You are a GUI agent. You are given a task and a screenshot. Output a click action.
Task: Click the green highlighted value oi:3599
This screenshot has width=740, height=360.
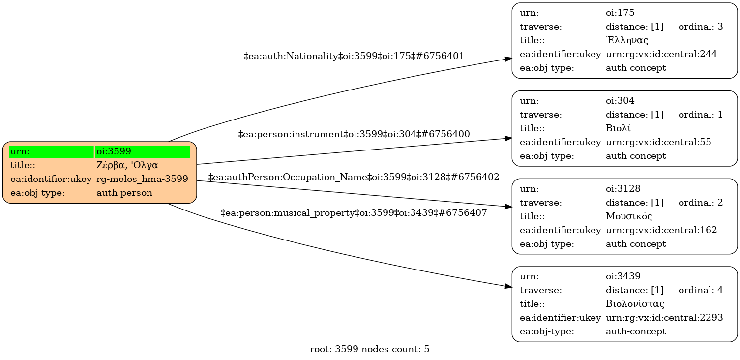(142, 151)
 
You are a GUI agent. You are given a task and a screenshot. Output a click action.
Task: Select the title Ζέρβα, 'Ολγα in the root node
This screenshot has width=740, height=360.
(127, 165)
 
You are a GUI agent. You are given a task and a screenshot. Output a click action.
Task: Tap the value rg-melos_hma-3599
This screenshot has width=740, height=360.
(142, 179)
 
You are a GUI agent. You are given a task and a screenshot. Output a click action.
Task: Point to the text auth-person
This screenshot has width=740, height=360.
(124, 193)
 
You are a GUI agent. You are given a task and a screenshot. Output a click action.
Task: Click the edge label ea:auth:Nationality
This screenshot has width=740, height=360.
(354, 56)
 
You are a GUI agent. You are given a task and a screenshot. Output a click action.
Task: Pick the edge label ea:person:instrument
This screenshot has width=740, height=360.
(354, 134)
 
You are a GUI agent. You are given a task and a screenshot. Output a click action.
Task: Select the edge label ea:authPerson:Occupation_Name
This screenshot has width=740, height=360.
(354, 177)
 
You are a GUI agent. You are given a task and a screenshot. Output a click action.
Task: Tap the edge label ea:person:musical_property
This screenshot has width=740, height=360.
(354, 213)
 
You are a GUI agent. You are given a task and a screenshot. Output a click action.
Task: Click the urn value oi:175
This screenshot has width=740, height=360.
(617, 13)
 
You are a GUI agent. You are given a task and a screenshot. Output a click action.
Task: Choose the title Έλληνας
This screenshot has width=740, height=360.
(627, 40)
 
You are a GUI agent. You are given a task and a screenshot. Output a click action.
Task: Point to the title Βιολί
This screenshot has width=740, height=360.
(618, 128)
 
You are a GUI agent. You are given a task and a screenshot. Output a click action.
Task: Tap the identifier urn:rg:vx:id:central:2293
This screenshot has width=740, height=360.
(664, 318)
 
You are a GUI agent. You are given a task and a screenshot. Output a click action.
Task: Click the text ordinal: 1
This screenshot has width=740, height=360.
(701, 115)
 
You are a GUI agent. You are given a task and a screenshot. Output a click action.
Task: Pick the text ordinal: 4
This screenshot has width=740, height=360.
(701, 290)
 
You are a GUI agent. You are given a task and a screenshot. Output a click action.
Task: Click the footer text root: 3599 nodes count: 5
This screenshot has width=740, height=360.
(370, 349)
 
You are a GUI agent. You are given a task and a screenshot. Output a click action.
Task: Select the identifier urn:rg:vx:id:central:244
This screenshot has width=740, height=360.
(661, 54)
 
